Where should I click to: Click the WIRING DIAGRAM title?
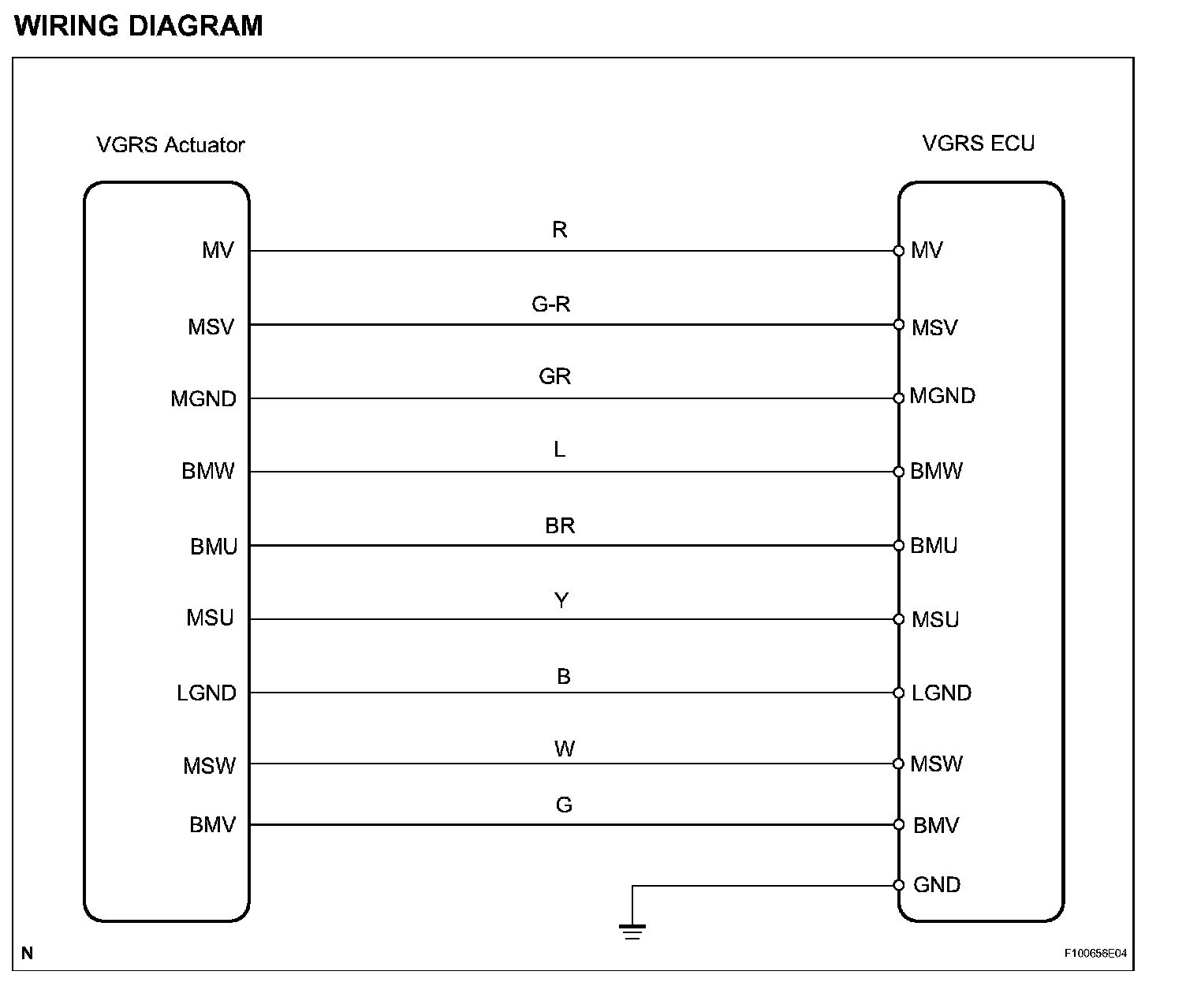point(139,26)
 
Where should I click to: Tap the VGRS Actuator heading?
point(170,145)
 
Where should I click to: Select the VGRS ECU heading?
point(978,144)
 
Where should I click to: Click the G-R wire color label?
point(550,304)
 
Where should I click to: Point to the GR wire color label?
point(554,376)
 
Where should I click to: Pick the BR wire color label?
point(560,525)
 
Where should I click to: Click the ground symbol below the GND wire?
point(632,931)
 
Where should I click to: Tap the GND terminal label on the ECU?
point(937,885)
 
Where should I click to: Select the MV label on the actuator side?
point(218,251)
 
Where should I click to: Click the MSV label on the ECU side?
point(934,327)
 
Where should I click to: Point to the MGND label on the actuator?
point(203,399)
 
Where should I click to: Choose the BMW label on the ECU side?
point(936,471)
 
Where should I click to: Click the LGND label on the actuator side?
point(207,693)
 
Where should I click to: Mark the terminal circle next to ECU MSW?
point(898,764)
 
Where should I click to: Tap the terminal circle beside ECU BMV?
point(898,825)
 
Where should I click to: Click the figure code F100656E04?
point(1095,954)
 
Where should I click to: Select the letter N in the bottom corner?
point(28,954)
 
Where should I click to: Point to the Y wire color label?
point(561,601)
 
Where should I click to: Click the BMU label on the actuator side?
point(214,547)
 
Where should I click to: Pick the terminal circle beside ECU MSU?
point(898,619)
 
